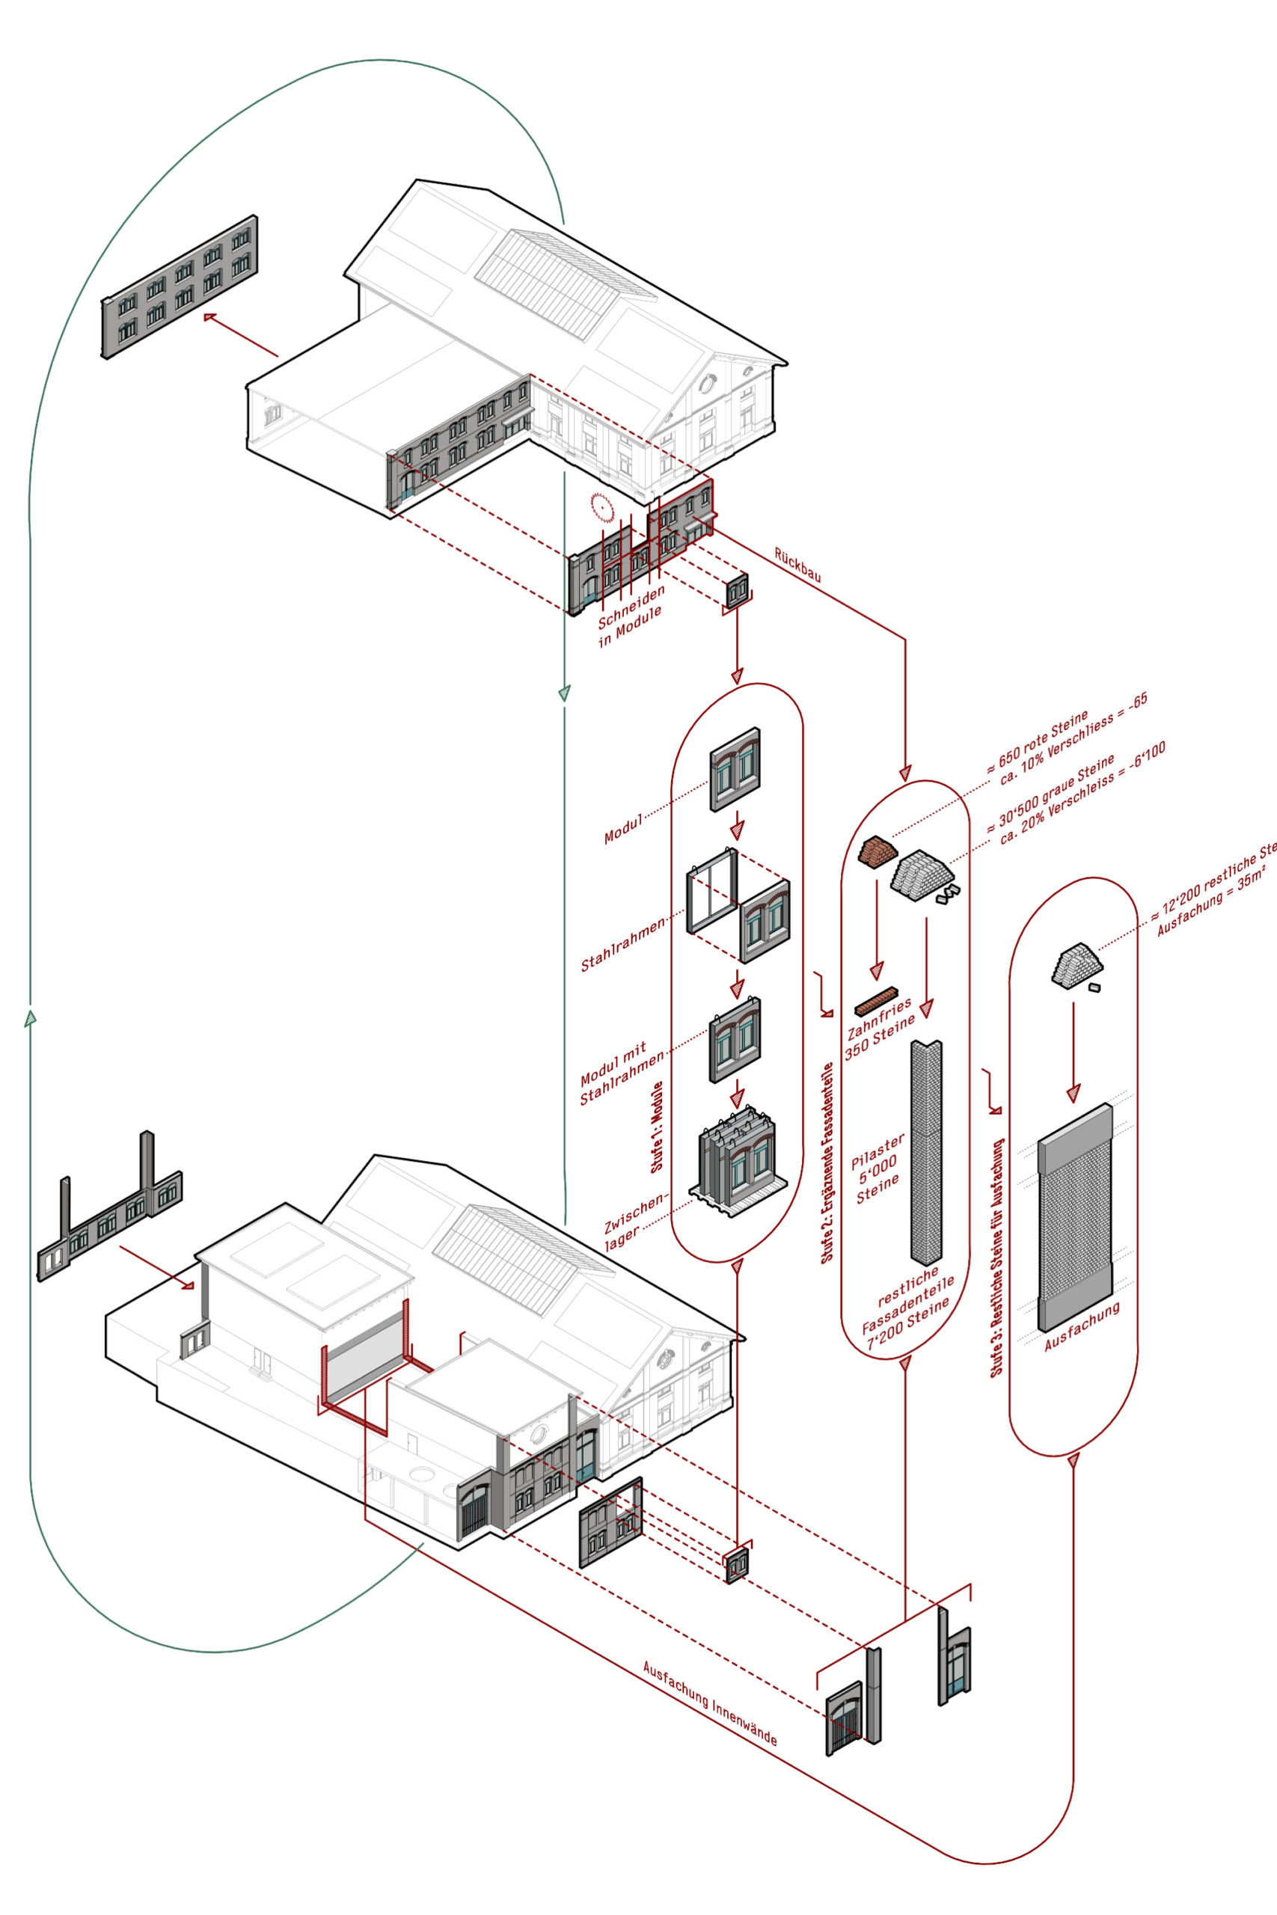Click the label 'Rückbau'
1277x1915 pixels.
pyautogui.click(x=797, y=565)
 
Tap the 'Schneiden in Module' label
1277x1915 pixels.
pyautogui.click(x=631, y=616)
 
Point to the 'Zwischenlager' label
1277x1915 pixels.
pyautogui.click(x=634, y=1222)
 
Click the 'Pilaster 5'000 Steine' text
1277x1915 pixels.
pyautogui.click(x=877, y=1169)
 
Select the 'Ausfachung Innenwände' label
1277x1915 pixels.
pyautogui.click(x=709, y=1703)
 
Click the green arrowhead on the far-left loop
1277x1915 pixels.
pyautogui.click(x=30, y=1018)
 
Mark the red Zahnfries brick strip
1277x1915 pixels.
pyautogui.click(x=876, y=1001)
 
